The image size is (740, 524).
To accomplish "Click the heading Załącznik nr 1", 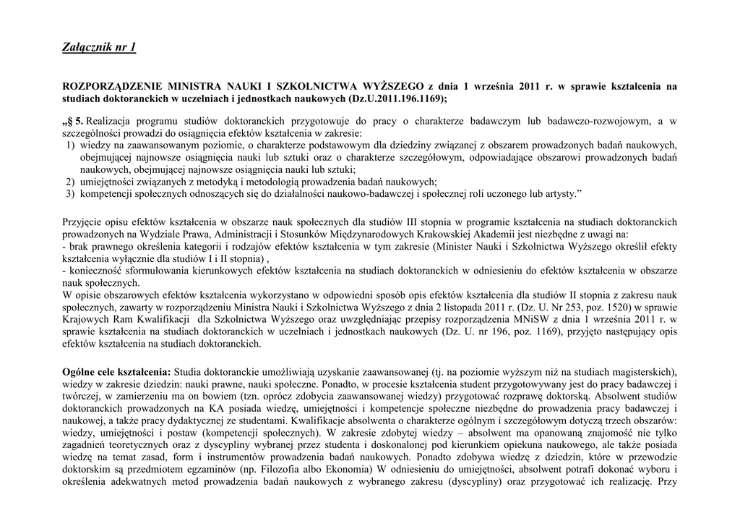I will [x=99, y=48].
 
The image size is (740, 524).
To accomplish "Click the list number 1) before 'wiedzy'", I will [x=70, y=145].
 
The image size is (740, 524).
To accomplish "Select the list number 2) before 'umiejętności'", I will [x=70, y=182].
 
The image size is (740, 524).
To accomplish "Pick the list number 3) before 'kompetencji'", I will [x=70, y=194].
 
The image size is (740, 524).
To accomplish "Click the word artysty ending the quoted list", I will [x=561, y=194].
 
